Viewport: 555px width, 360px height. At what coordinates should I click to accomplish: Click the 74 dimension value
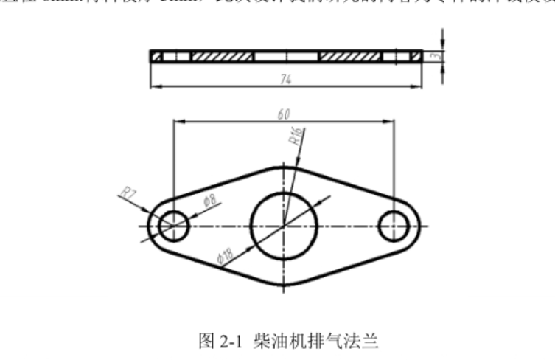(x=285, y=80)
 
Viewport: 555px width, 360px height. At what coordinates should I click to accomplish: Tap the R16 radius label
(x=296, y=136)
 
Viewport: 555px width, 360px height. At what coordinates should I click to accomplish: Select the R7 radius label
(x=129, y=195)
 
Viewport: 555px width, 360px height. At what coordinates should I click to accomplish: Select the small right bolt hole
(x=394, y=224)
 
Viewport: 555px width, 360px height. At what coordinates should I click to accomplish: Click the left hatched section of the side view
(x=222, y=56)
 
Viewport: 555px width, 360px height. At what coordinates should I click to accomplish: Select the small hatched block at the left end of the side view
(x=156, y=56)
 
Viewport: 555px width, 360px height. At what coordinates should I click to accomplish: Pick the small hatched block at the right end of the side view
(x=416, y=56)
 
